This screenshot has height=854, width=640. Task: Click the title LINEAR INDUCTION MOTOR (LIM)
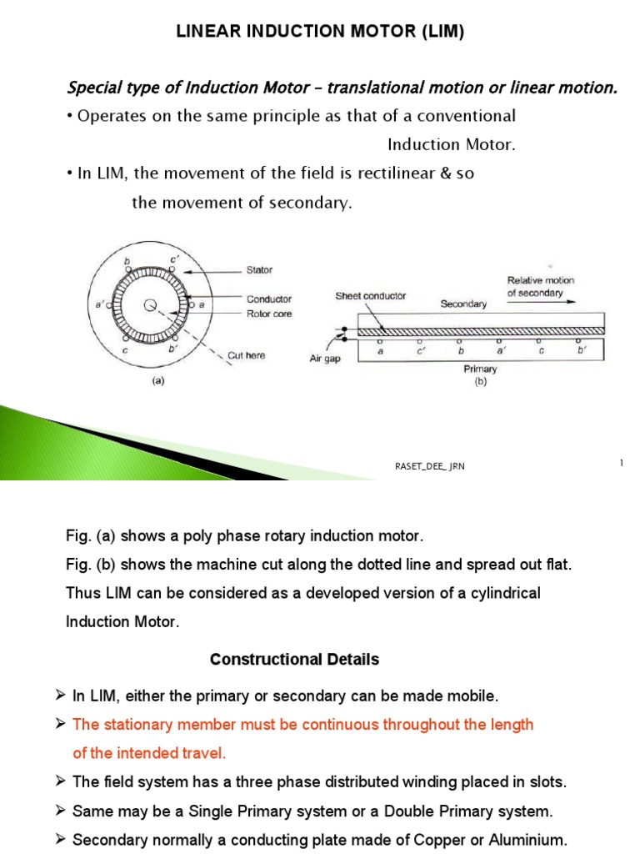[319, 33]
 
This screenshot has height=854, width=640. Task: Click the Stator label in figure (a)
[259, 270]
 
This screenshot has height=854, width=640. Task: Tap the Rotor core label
[268, 314]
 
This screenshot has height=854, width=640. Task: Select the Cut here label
[247, 355]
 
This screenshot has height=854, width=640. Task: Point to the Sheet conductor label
[371, 295]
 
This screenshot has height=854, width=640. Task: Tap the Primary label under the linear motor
[481, 369]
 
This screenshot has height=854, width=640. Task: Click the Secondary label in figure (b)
[463, 304]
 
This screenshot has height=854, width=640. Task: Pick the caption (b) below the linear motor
[481, 382]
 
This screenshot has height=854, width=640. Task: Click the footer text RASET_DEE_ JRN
[429, 467]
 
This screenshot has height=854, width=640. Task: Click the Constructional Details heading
[294, 660]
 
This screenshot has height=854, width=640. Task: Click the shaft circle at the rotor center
[151, 306]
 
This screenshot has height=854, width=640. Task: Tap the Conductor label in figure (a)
[268, 299]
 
